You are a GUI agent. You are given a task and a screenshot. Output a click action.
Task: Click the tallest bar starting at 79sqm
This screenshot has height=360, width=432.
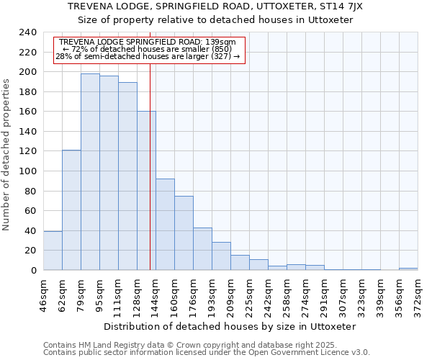point(90,172)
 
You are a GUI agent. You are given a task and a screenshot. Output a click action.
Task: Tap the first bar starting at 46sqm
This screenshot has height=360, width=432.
point(53,251)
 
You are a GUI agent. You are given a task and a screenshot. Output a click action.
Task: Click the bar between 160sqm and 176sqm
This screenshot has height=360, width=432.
point(184,233)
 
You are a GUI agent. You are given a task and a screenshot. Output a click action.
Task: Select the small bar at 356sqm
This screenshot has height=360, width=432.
point(408,269)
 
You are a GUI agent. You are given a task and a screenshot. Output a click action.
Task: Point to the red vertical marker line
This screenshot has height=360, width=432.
point(150,180)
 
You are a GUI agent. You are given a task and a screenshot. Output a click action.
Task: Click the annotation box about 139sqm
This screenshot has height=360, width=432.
point(150,50)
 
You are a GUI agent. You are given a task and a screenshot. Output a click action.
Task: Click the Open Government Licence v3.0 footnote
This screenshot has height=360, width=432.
point(207,353)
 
